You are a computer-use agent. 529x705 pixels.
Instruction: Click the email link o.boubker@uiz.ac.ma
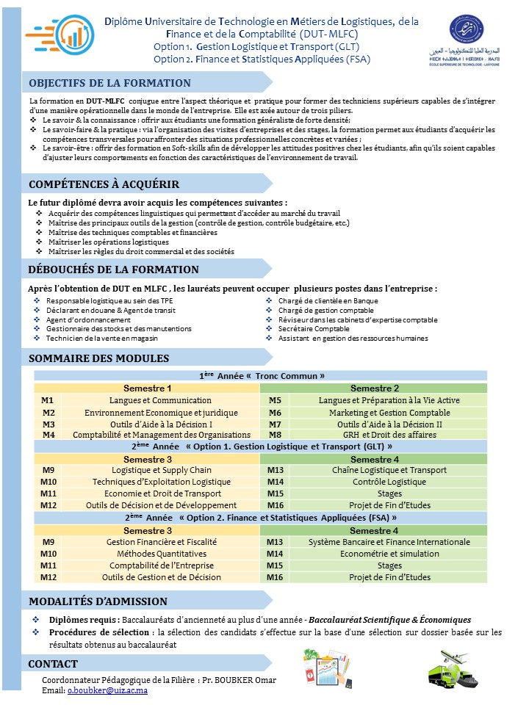tap(107, 690)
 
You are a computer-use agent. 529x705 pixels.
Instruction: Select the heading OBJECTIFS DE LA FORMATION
tap(109, 83)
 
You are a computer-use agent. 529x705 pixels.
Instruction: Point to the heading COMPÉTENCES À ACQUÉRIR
tap(104, 184)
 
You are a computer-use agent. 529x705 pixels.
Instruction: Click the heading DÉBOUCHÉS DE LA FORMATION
tap(113, 270)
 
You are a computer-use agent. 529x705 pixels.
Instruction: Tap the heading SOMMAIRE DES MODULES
tap(98, 358)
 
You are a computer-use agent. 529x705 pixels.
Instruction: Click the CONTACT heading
tap(53, 664)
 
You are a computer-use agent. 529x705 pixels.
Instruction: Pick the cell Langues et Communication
tap(160, 400)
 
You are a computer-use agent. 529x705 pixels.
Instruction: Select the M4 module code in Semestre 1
tap(48, 435)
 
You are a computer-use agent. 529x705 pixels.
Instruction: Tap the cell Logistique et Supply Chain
tap(162, 470)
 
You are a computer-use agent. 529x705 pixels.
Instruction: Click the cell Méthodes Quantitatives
tap(162, 554)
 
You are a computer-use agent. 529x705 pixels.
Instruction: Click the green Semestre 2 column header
tap(374, 388)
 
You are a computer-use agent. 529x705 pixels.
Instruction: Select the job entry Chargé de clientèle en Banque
tap(328, 300)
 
